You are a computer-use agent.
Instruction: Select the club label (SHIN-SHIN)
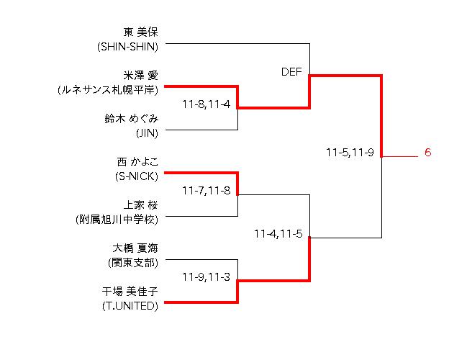click(127, 46)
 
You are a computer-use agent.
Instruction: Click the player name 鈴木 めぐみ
click(131, 118)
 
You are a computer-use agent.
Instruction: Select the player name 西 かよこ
click(137, 161)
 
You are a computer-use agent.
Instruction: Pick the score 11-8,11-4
click(206, 104)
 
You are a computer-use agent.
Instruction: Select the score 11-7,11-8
click(206, 190)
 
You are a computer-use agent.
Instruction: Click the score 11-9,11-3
click(206, 276)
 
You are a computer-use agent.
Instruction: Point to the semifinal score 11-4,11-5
click(278, 233)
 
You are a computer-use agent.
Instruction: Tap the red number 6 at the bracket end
click(427, 153)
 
